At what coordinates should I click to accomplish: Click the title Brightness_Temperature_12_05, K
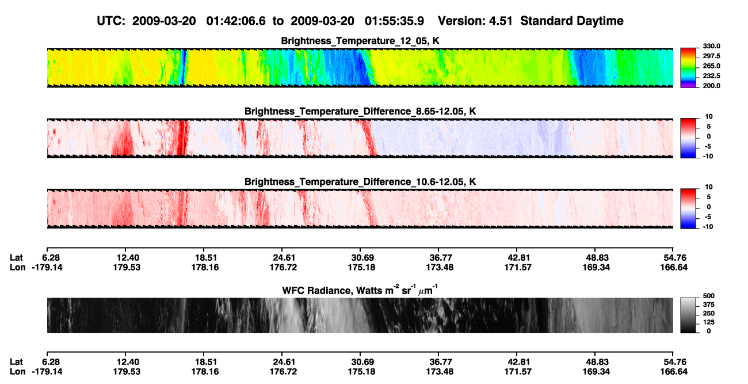[x=360, y=41]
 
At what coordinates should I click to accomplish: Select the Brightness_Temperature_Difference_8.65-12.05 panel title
[x=360, y=111]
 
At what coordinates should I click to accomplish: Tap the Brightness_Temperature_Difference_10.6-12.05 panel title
[x=360, y=182]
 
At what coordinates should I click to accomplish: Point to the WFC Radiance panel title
[x=360, y=290]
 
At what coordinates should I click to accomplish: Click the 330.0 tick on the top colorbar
[x=711, y=46]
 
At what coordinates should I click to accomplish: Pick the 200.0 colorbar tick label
[x=711, y=86]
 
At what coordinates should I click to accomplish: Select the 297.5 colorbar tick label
[x=711, y=56]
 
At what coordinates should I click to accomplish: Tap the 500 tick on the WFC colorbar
[x=709, y=296]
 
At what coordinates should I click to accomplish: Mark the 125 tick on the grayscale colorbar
[x=709, y=322]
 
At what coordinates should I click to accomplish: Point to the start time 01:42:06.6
[x=236, y=21]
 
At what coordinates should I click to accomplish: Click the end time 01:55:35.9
[x=394, y=21]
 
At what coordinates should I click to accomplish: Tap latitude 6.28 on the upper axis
[x=51, y=258]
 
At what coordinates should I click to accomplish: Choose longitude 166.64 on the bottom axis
[x=674, y=372]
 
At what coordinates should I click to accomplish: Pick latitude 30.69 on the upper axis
[x=362, y=258]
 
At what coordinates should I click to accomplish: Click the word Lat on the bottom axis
[x=16, y=362]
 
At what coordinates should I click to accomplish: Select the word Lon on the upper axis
[x=17, y=267]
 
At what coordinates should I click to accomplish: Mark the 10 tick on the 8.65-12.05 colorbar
[x=709, y=117]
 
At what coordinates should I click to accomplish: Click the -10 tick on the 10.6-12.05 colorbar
[x=708, y=227]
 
